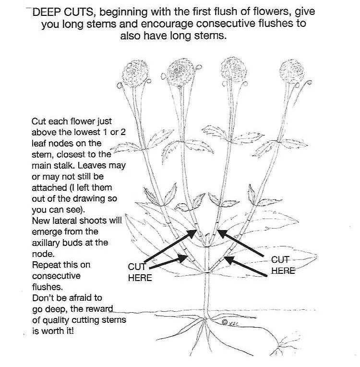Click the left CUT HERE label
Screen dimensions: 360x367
[139, 272]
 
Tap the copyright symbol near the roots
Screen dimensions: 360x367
[224, 321]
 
